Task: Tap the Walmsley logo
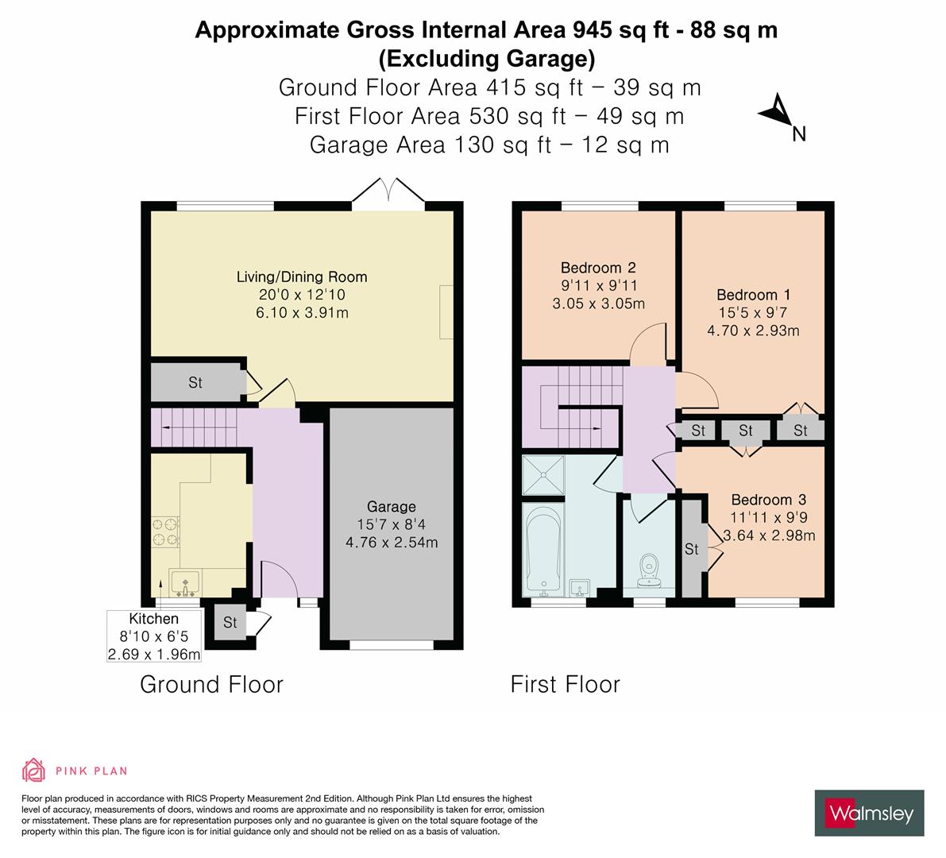869,813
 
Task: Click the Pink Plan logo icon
33,770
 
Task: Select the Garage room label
392,507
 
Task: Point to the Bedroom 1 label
753,295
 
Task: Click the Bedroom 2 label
597,268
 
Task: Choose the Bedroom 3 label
768,500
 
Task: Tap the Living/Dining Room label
302,277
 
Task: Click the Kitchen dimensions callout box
154,636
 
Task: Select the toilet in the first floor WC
650,570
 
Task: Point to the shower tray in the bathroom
543,474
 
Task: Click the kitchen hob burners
165,531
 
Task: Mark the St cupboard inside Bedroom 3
692,549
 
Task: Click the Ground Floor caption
211,684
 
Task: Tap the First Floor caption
565,684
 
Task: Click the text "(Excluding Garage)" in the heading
486,58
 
